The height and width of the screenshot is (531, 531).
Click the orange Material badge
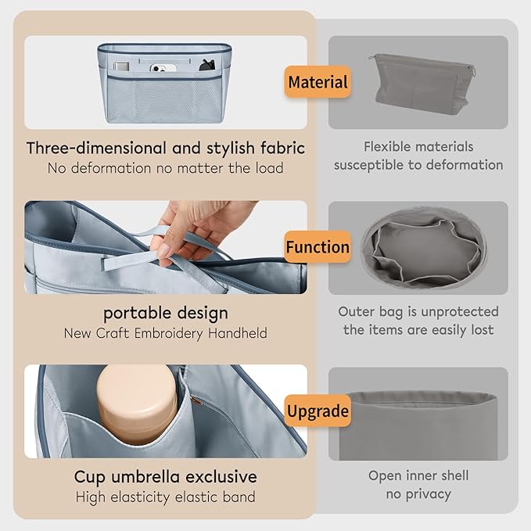tap(318, 82)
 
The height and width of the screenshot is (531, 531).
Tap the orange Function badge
tap(318, 247)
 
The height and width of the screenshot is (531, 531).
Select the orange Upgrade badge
tap(318, 411)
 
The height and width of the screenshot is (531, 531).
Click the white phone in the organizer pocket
tap(163, 68)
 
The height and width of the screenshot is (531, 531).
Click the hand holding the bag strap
tap(196, 230)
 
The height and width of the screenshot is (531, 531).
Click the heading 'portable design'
tap(166, 314)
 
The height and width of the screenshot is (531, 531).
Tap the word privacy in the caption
tap(429, 494)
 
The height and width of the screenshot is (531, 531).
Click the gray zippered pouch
tap(422, 83)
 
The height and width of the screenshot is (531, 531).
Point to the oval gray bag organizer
tap(424, 248)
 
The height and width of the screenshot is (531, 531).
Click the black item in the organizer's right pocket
tap(207, 65)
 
